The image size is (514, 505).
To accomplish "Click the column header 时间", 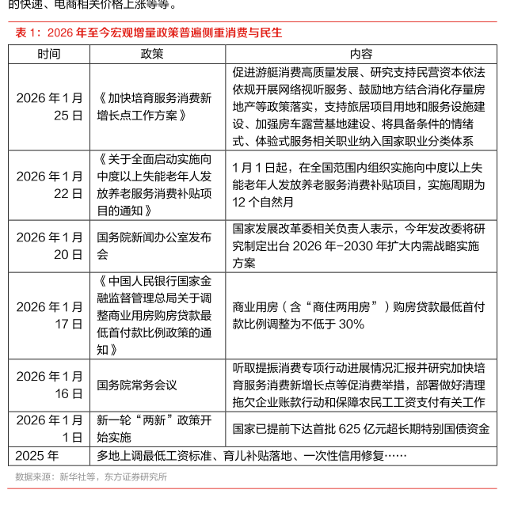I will click(x=49, y=54).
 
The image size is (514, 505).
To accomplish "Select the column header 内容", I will click(x=360, y=54).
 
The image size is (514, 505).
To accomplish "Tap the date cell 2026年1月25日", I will click(x=49, y=106).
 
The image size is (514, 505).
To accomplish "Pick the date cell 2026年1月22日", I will click(x=49, y=184).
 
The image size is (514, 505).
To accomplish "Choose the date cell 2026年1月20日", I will click(x=49, y=246).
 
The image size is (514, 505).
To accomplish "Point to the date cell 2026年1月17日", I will click(x=49, y=315).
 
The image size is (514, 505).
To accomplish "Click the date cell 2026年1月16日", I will click(x=49, y=385).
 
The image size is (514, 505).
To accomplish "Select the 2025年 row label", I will click(x=37, y=456).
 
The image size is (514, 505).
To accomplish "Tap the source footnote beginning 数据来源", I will click(x=91, y=477).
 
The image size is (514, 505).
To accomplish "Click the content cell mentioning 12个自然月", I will click(x=360, y=184).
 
